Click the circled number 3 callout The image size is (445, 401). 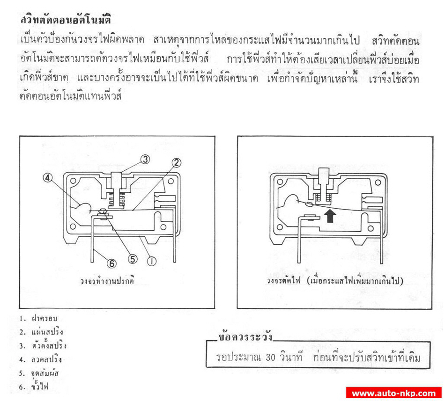145,159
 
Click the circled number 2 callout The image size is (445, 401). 176,163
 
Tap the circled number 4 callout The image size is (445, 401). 47,178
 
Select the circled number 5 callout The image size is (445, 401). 133,259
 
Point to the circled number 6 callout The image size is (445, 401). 111,264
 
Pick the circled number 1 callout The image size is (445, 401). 152,261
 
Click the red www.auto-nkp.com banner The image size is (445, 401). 393,393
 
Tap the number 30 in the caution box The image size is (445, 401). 270,357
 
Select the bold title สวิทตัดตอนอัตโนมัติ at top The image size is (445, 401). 66,20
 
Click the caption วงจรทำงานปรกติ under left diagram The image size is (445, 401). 107,281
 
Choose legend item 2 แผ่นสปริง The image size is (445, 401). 41,332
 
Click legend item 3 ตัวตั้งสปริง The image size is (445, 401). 43,345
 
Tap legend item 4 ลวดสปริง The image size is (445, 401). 41,359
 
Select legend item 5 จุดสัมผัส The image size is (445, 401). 39,373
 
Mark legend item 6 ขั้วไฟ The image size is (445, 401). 34,386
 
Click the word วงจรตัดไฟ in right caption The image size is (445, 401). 283,281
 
